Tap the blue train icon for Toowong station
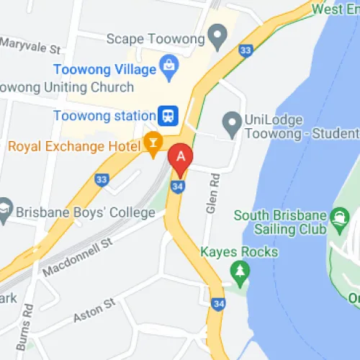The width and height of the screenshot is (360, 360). (168, 115)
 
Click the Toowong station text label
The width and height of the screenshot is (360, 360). (104, 115)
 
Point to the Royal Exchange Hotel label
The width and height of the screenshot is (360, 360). (74, 147)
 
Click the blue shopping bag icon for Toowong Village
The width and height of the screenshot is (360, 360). (169, 69)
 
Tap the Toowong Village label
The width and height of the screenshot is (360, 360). (105, 70)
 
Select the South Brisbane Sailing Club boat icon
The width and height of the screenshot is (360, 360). (338, 217)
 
